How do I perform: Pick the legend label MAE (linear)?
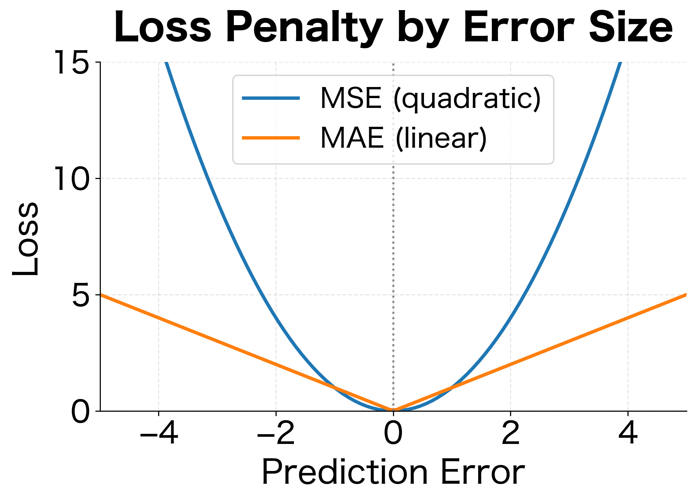point(403,138)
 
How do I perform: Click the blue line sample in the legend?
point(271,98)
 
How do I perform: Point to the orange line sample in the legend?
point(271,138)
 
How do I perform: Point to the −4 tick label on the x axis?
point(159,434)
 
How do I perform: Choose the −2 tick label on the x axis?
point(276,434)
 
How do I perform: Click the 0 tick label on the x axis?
point(393,434)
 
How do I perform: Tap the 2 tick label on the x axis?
point(510,434)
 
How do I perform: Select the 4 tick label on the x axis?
point(628,434)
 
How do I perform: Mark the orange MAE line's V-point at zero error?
point(393,410)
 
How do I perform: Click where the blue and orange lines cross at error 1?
point(452,388)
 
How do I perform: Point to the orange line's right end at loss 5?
point(686,295)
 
